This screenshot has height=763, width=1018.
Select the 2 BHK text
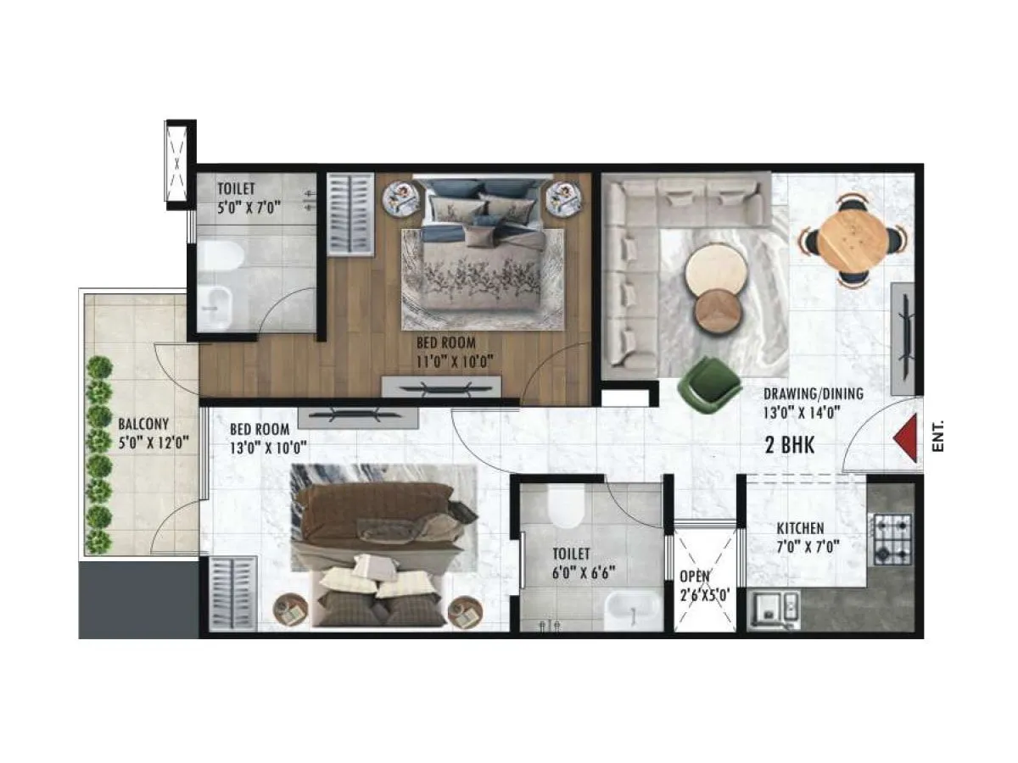790,445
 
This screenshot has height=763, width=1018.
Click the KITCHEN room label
800,528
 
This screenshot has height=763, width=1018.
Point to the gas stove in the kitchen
892,539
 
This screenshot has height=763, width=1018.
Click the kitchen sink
776,607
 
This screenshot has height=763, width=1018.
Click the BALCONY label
143,423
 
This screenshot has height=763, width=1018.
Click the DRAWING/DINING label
813,393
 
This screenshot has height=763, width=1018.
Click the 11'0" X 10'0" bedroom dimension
455,361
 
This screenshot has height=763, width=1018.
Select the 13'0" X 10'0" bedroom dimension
268,447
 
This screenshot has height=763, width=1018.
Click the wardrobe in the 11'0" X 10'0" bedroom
350,214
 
